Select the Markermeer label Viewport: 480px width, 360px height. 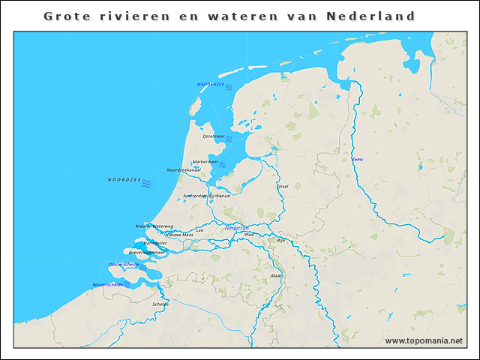tap(205, 161)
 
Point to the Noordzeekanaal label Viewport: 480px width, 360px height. tap(183, 170)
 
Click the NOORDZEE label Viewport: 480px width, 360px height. tap(123, 180)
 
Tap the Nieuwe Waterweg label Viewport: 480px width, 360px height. tap(154, 226)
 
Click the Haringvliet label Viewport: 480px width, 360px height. tap(155, 244)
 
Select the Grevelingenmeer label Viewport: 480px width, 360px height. tap(146, 253)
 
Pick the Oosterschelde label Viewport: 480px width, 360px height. tap(123, 265)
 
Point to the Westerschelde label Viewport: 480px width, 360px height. tap(107, 285)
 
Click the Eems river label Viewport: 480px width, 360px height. tap(357, 160)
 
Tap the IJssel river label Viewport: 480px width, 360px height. tap(283, 186)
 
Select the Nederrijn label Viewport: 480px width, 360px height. tap(237, 227)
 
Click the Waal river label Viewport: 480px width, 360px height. tap(250, 235)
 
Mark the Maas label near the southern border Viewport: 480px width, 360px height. tap(275, 275)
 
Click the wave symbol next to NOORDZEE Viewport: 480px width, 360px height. tap(148, 183)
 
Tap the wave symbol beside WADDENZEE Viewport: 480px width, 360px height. tap(229, 88)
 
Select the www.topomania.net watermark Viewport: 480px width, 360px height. tap(424, 340)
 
